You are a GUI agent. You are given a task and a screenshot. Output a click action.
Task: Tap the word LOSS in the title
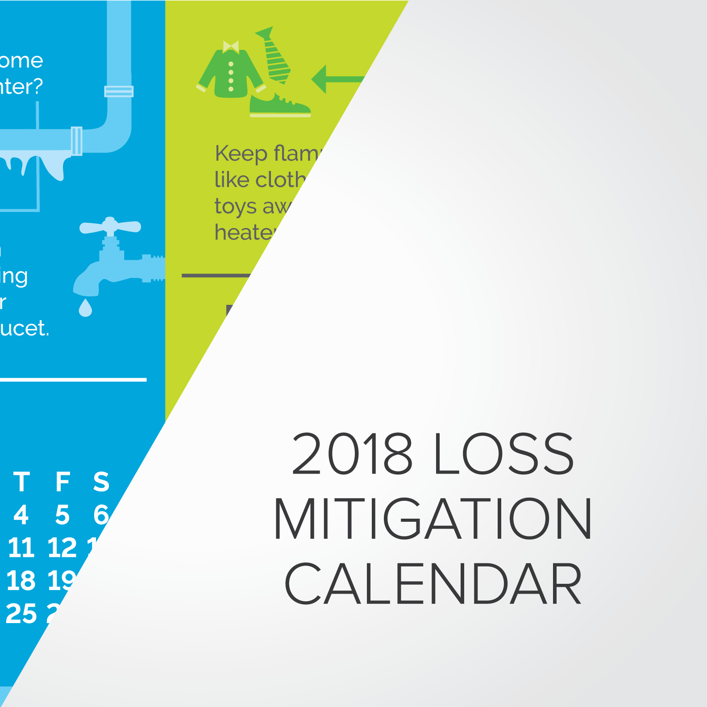click(503, 453)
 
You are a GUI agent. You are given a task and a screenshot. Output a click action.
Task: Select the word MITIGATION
click(433, 519)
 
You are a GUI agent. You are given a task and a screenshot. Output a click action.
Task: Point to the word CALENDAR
click(433, 583)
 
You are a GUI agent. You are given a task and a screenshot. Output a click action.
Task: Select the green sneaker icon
click(279, 105)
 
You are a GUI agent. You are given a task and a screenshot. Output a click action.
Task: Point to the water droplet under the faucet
click(85, 308)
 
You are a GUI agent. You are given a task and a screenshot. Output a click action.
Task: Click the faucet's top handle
click(110, 227)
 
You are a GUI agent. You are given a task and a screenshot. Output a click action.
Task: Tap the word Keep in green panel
click(241, 154)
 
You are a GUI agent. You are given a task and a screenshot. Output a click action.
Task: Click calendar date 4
click(21, 515)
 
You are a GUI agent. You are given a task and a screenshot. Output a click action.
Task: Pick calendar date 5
click(62, 515)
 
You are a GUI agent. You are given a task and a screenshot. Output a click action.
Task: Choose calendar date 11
click(21, 548)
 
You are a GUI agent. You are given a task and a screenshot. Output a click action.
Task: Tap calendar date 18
click(21, 581)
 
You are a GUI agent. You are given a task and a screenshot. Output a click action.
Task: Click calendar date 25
click(21, 614)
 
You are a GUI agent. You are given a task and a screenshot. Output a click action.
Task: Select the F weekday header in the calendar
click(62, 482)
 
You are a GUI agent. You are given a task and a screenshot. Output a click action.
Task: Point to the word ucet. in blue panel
click(25, 329)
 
